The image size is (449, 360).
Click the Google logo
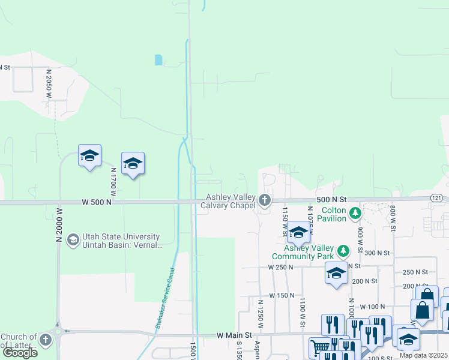point(20,353)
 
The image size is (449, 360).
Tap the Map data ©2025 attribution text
point(423,355)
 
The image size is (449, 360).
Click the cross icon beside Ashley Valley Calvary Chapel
point(264,199)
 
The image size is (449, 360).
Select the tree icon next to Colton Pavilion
point(355,212)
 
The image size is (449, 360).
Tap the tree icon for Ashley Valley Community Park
point(343,250)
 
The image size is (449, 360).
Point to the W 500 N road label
point(97,203)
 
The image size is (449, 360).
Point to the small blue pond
point(158,59)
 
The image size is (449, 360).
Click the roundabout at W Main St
point(58,331)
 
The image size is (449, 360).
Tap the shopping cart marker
point(320,347)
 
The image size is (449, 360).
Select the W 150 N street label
point(282,295)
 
